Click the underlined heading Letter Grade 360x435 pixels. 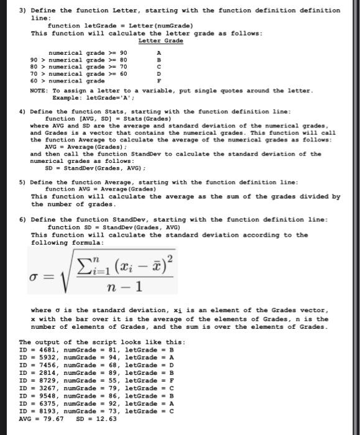pyautogui.click(x=160, y=40)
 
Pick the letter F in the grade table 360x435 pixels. pyautogui.click(x=159, y=81)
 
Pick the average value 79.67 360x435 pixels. pyautogui.click(x=53, y=418)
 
